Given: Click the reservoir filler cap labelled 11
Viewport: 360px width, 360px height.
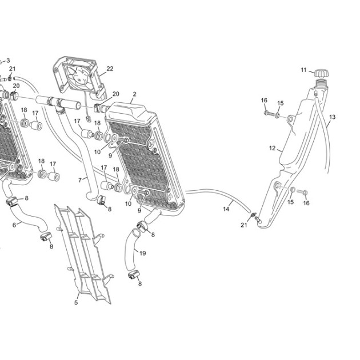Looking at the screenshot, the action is (x=321, y=74).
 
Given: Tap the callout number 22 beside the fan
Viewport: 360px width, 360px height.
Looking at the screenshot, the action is (x=110, y=69).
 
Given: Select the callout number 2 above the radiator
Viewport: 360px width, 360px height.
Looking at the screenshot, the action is (x=134, y=94).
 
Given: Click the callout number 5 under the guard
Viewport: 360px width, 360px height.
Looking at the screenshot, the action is (x=76, y=303).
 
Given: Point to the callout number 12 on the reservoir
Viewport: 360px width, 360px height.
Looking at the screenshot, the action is (x=273, y=149).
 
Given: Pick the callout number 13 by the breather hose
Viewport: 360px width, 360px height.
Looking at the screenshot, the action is (x=332, y=117).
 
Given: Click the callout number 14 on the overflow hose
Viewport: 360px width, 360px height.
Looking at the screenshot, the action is (x=226, y=209).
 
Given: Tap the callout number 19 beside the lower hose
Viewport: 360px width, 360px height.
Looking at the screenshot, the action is (x=143, y=253).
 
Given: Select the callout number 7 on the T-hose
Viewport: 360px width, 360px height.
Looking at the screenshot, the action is (x=80, y=180).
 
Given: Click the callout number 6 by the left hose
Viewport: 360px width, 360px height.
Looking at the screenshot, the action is (x=14, y=225).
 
